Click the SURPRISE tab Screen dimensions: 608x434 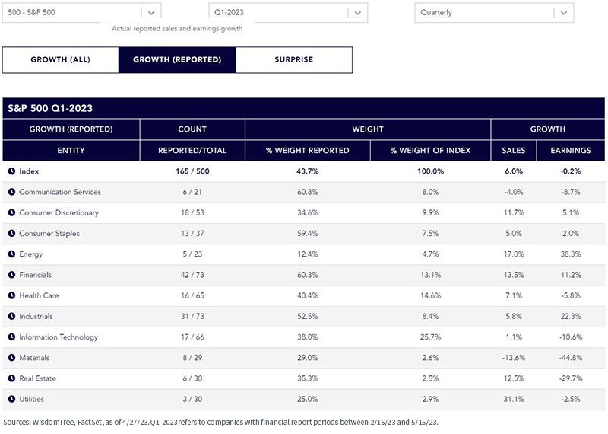pyautogui.click(x=294, y=60)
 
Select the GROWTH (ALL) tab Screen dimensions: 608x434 pyautogui.click(x=61, y=60)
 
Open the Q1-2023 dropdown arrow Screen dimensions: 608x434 pyautogui.click(x=358, y=13)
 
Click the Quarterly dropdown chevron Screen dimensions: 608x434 pyautogui.click(x=564, y=13)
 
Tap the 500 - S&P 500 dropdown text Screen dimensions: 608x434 pyautogui.click(x=31, y=12)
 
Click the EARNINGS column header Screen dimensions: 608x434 pyautogui.click(x=571, y=150)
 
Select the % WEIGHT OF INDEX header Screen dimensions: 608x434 pyautogui.click(x=430, y=150)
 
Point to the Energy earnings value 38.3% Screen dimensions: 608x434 pyautogui.click(x=571, y=254)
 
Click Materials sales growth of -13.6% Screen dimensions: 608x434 pyautogui.click(x=514, y=358)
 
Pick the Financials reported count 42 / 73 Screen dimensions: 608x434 pyautogui.click(x=192, y=275)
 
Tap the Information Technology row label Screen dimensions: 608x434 pyautogui.click(x=59, y=337)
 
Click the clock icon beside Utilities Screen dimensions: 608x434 pyautogui.click(x=11, y=399)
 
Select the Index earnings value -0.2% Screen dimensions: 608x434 pyautogui.click(x=571, y=171)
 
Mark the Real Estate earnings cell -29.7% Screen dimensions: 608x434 pyautogui.click(x=571, y=378)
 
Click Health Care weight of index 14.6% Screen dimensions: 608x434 pyautogui.click(x=430, y=295)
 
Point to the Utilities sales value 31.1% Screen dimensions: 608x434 pyautogui.click(x=514, y=399)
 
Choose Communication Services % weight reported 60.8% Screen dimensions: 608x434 pyautogui.click(x=308, y=192)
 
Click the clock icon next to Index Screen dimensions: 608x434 pyautogui.click(x=11, y=171)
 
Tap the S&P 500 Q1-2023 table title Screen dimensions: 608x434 pyautogui.click(x=50, y=108)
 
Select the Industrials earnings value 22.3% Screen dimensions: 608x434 pyautogui.click(x=571, y=316)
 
